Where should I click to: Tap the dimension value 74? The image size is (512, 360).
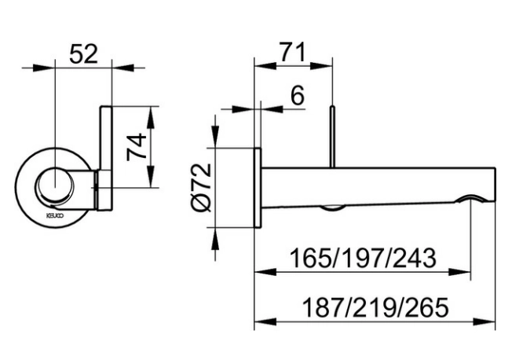point(137,146)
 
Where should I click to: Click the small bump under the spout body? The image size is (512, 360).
point(334,208)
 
